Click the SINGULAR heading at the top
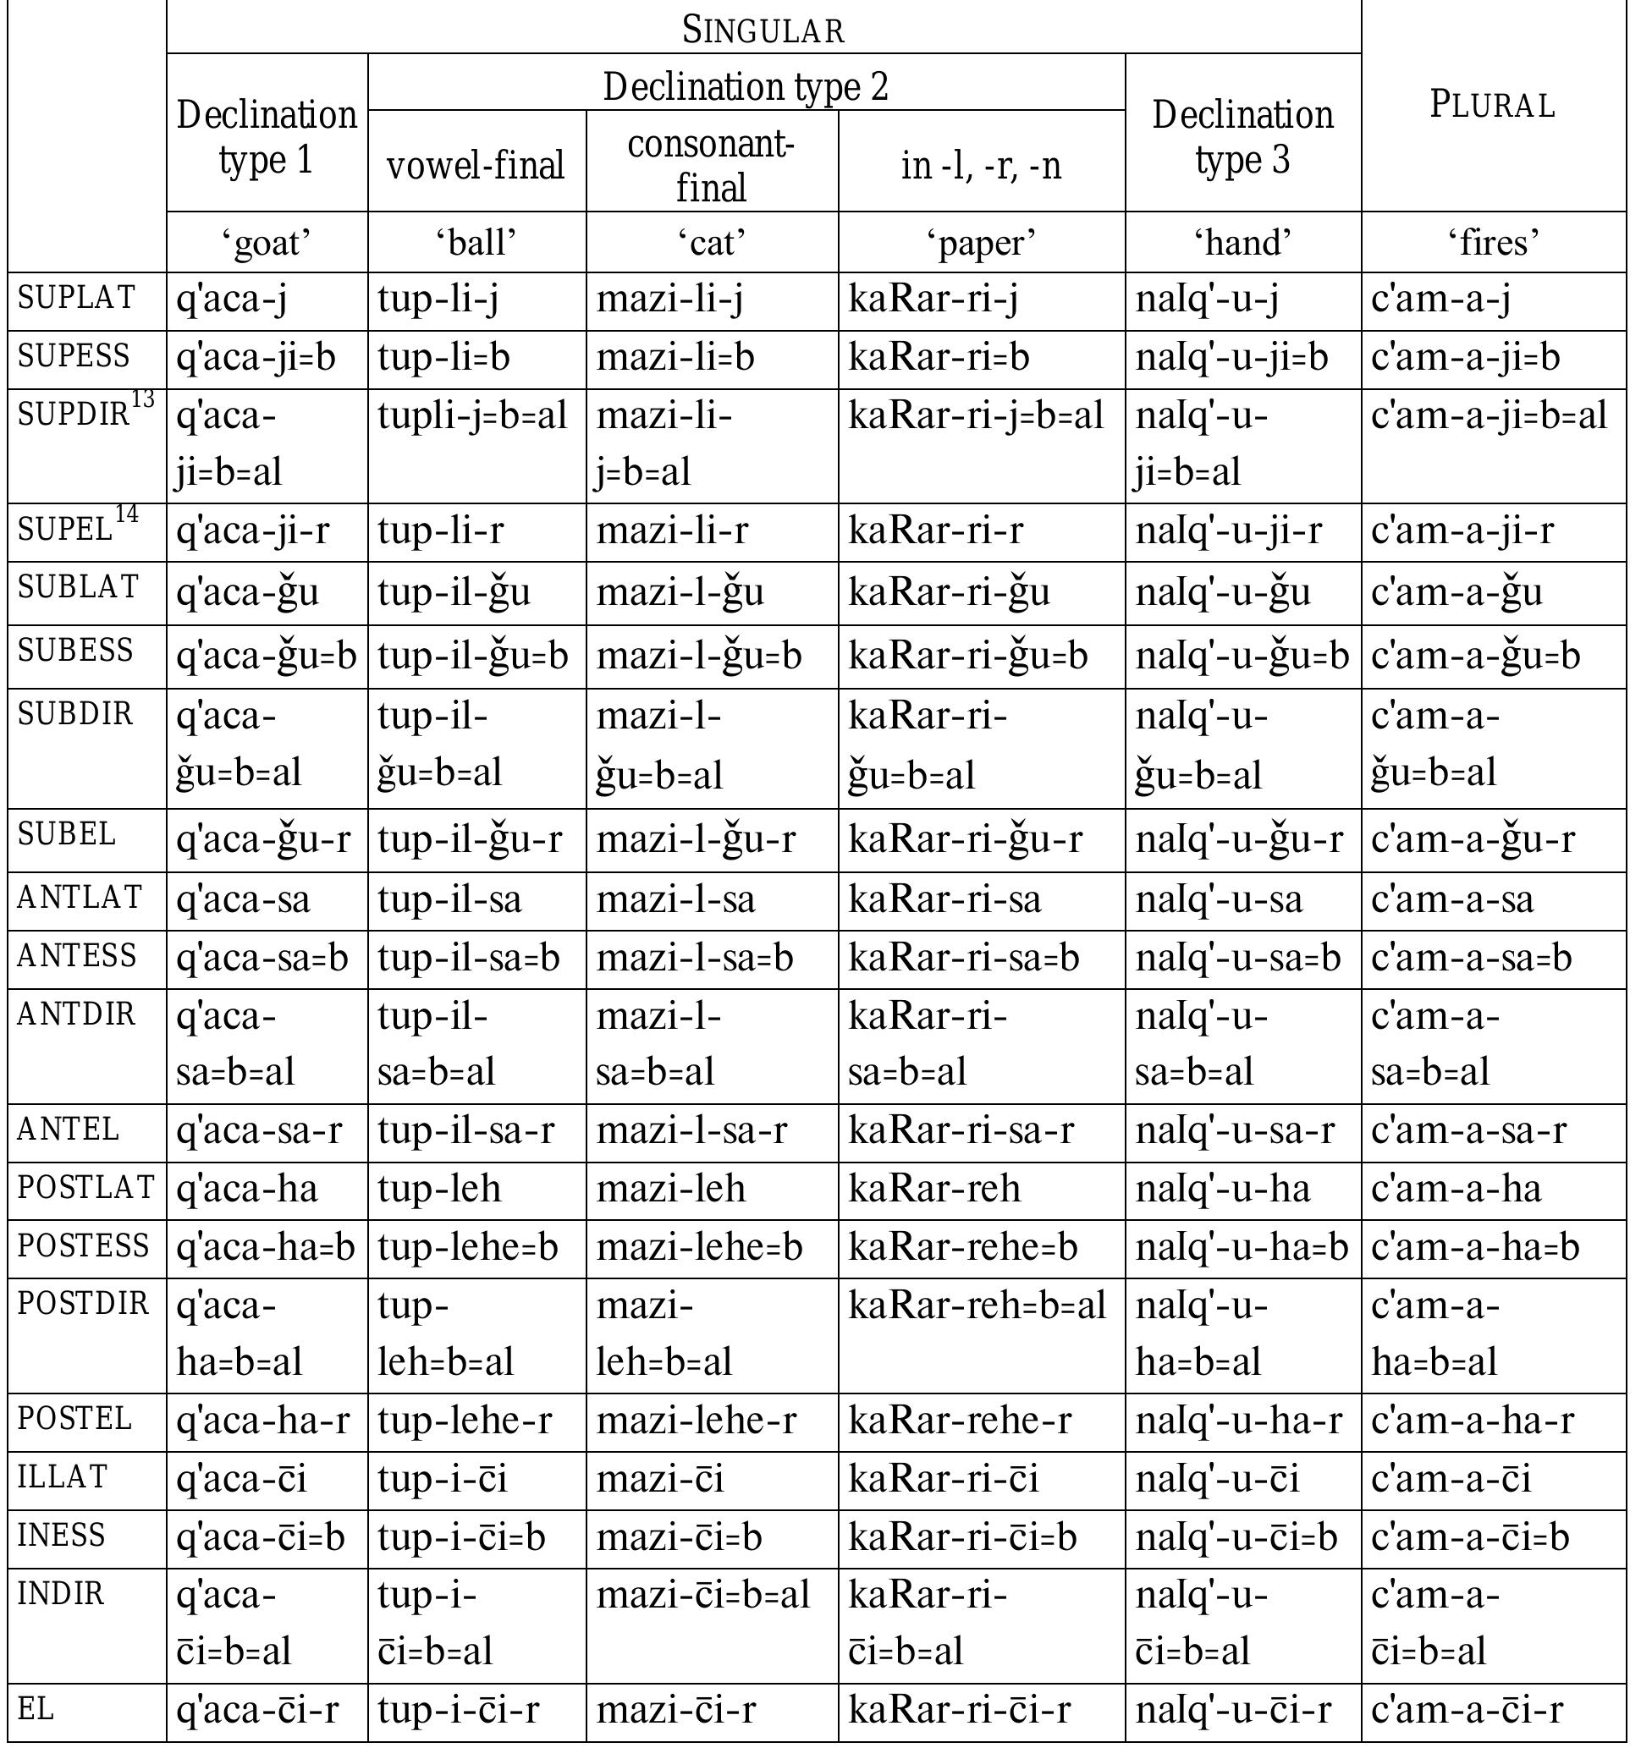pyautogui.click(x=763, y=30)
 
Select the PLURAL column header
pyautogui.click(x=1492, y=105)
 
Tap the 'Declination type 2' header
pyautogui.click(x=746, y=85)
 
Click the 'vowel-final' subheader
pyautogui.click(x=476, y=166)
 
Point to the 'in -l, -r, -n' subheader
pyautogui.click(x=981, y=166)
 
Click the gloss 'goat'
pyautogui.click(x=267, y=241)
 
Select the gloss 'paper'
pyautogui.click(x=981, y=241)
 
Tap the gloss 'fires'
pyautogui.click(x=1493, y=241)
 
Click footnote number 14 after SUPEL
pyautogui.click(x=127, y=514)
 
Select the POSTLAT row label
pyautogui.click(x=85, y=1187)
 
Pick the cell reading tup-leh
pyautogui.click(x=439, y=1188)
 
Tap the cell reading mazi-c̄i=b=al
pyautogui.click(x=702, y=1594)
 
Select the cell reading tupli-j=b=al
pyautogui.click(x=471, y=416)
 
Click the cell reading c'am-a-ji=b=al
pyautogui.click(x=1489, y=416)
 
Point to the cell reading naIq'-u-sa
pyautogui.click(x=1219, y=900)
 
